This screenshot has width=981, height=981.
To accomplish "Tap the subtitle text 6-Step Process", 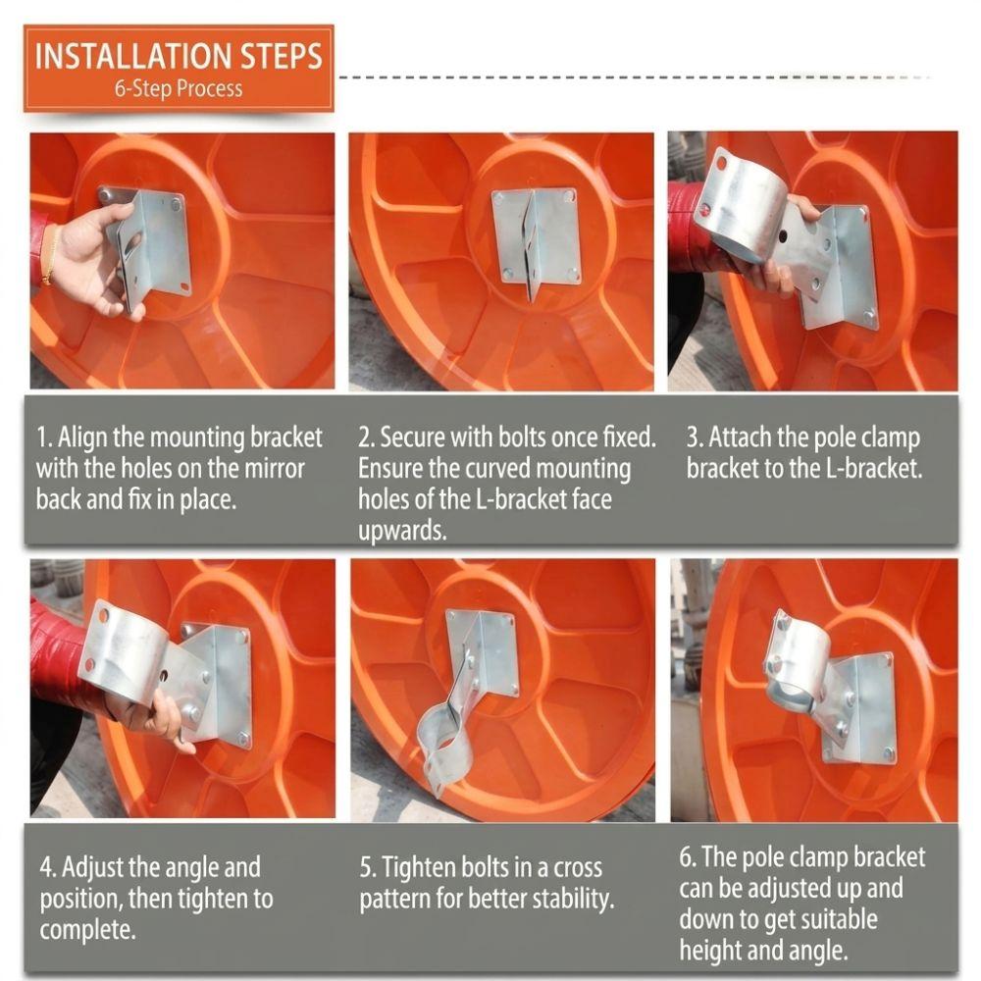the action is point(179,88).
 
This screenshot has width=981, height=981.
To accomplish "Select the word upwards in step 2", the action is point(402,531).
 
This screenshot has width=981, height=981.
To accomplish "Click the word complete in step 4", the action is point(87,930).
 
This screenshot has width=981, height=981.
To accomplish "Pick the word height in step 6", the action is point(711,950).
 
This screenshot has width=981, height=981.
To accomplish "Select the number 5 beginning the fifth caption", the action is point(367,868).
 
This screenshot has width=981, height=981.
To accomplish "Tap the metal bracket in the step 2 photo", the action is point(535,239).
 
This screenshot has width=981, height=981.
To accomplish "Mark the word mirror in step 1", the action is point(273,469).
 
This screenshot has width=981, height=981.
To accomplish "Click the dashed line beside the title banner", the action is point(634,77).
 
